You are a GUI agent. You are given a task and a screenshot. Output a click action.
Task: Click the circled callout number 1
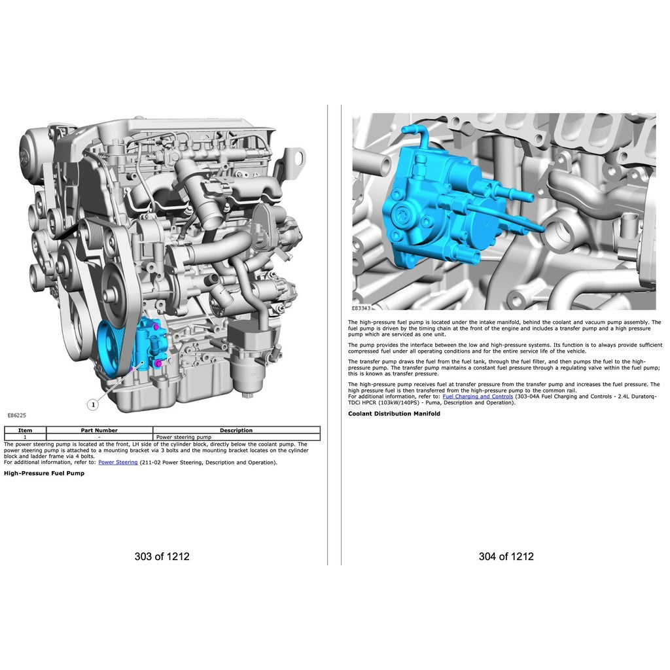(x=93, y=405)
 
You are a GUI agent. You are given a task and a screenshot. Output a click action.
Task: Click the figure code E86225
(x=17, y=415)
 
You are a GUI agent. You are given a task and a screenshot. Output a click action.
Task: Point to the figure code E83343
(x=361, y=308)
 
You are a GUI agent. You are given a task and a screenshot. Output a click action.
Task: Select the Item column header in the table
(x=25, y=431)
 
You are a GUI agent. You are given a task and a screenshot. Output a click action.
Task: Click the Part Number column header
(x=99, y=431)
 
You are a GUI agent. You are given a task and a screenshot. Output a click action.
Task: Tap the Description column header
(x=236, y=431)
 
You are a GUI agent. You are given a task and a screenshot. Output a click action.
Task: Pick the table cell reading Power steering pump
(x=184, y=437)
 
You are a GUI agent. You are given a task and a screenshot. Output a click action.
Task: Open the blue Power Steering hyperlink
(x=118, y=463)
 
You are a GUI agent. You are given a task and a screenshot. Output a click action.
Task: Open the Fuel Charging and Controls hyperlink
(x=478, y=397)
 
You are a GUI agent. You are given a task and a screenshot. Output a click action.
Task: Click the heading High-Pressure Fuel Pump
(x=44, y=473)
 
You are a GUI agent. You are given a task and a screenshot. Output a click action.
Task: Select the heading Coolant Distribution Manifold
(x=394, y=414)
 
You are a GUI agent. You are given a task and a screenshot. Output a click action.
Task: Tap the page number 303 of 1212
(x=162, y=557)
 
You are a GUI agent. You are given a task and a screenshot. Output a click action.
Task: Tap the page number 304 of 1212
(x=506, y=557)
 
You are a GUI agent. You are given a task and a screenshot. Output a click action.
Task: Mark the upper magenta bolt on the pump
(x=156, y=326)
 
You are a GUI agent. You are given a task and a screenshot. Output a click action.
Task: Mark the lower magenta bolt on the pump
(x=158, y=362)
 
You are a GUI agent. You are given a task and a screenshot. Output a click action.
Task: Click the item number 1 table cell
(x=25, y=437)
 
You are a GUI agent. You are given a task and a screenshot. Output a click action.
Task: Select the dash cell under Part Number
(x=99, y=437)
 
